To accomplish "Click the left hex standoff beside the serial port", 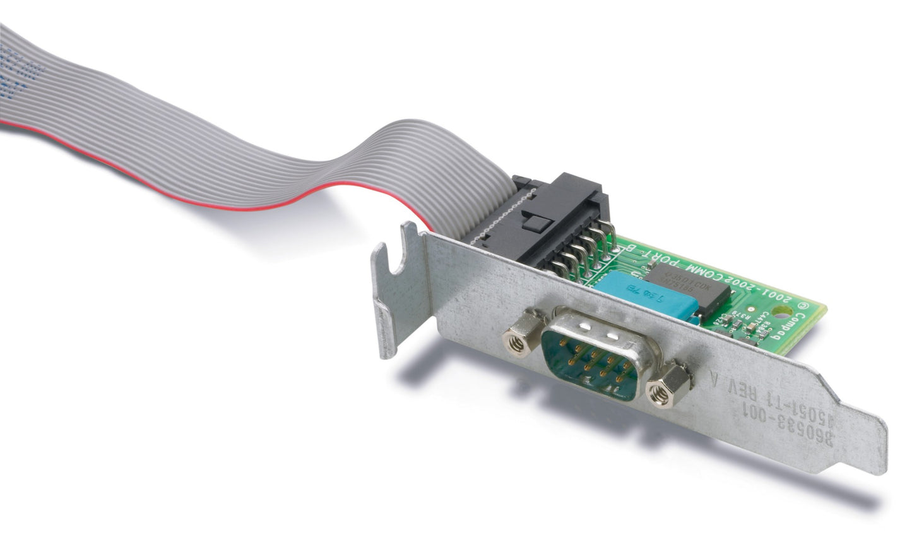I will pyautogui.click(x=516, y=341).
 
